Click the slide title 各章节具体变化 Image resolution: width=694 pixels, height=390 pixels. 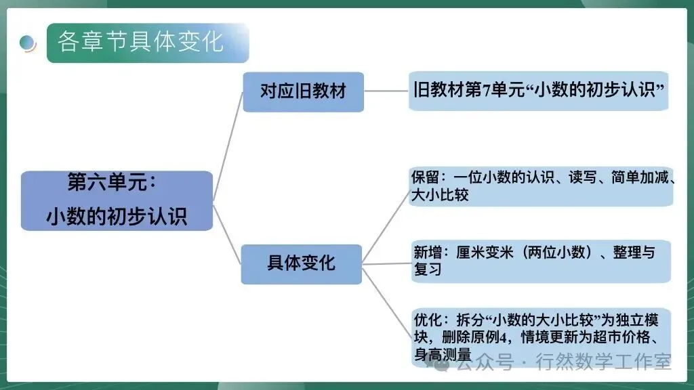[141, 42]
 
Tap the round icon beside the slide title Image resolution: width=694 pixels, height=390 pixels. [28, 43]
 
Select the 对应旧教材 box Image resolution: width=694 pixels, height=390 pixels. [303, 91]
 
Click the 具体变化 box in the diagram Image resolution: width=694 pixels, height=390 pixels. [301, 263]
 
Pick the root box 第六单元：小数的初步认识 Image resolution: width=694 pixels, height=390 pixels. [117, 200]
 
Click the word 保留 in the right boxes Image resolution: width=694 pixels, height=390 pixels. [426, 178]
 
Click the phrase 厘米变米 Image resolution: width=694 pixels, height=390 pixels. [480, 253]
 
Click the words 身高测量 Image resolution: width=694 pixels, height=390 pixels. [442, 354]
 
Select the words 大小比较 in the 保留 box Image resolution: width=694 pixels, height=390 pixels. [440, 195]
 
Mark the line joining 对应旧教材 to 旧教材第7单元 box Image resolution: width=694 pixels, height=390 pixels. [386, 91]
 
